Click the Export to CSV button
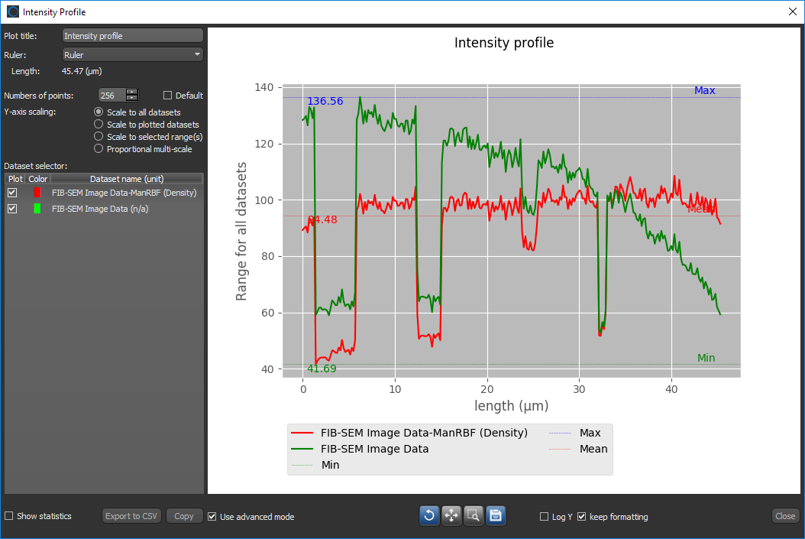[131, 516]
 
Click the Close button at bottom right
[785, 516]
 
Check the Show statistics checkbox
[9, 516]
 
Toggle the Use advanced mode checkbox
[212, 516]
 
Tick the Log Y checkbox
[545, 517]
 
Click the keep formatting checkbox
[582, 517]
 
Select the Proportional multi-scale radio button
[99, 149]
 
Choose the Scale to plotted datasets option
[99, 125]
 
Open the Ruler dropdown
[132, 54]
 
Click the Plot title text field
[132, 36]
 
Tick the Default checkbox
[168, 96]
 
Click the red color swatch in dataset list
[37, 193]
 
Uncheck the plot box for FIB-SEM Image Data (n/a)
[12, 208]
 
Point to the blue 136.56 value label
[325, 101]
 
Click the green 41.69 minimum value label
[322, 369]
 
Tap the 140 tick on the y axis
[263, 88]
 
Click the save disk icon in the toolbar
[496, 516]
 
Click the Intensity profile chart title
[504, 43]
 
